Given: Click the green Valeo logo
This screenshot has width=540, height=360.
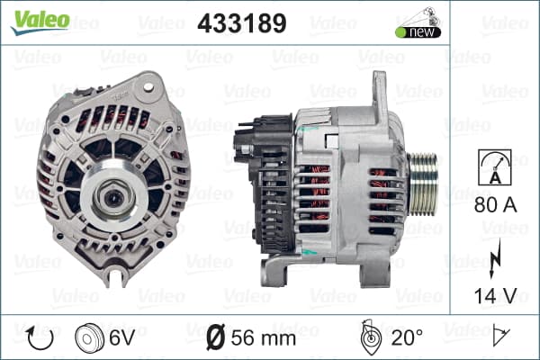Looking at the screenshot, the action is point(40,22).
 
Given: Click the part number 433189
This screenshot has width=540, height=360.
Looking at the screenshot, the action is point(242,23).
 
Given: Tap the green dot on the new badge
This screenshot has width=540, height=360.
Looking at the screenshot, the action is point(400,32).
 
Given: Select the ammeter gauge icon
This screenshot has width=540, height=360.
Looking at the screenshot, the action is point(495,167).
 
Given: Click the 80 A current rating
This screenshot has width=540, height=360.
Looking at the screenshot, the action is point(496,205).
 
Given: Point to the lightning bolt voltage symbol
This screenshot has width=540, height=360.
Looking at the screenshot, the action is point(495,258).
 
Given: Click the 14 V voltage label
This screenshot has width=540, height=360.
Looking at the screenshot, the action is point(496,296).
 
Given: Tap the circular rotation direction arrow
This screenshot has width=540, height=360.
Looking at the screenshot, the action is point(40,338).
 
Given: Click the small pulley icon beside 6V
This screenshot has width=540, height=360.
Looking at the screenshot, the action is point(89,338).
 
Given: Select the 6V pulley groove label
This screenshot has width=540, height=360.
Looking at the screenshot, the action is point(122,337).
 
